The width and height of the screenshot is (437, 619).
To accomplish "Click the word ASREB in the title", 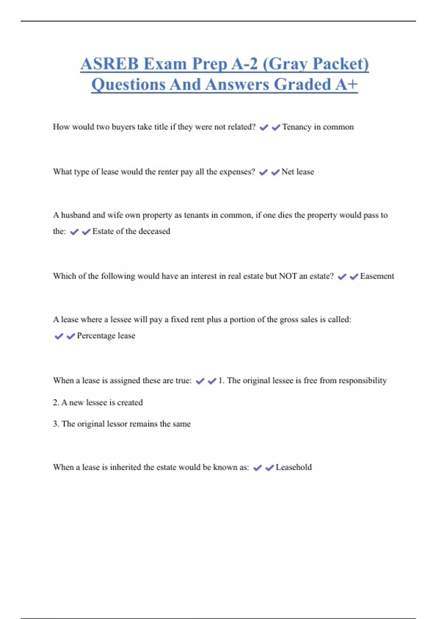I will click(x=110, y=64).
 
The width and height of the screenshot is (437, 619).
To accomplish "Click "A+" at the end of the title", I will click(x=346, y=84).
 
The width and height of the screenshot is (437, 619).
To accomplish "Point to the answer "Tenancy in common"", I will click(x=318, y=127).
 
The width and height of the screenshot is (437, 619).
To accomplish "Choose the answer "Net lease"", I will click(x=298, y=172).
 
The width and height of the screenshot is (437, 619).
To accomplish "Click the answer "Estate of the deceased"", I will click(x=131, y=231).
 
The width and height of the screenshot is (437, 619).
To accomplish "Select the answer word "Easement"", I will click(x=377, y=276).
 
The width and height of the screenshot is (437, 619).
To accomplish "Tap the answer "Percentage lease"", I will click(x=106, y=336).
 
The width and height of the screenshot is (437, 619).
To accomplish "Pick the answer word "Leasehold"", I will click(x=294, y=467).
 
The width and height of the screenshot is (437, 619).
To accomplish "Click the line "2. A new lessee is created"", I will click(x=98, y=402).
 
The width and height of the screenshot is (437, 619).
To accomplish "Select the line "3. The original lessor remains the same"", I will click(x=122, y=424).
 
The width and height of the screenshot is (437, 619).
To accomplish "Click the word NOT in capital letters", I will click(x=288, y=276).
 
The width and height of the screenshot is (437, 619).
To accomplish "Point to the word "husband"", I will click(x=75, y=215).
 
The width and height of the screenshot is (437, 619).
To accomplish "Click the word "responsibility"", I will click(x=363, y=381).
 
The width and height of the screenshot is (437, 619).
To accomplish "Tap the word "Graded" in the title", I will click(x=302, y=84).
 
